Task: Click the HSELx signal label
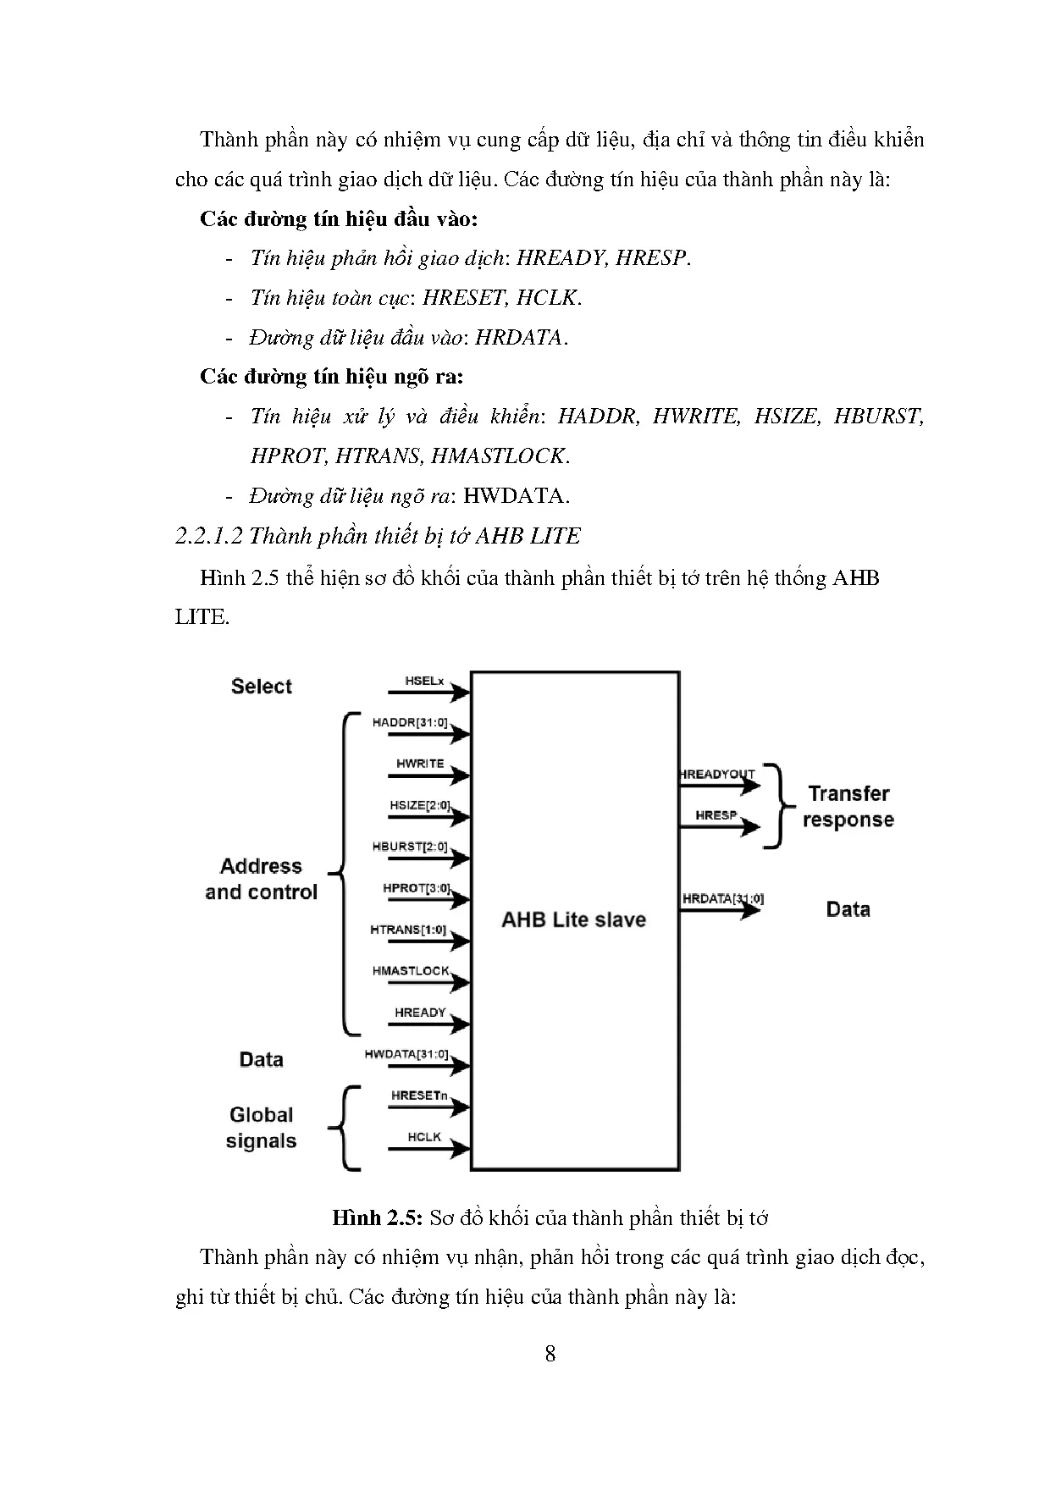click(x=424, y=681)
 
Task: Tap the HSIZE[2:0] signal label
click(x=419, y=805)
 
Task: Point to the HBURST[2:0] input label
click(x=409, y=847)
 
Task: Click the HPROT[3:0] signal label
click(x=416, y=888)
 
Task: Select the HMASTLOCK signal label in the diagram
click(x=411, y=971)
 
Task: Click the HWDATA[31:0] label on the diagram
click(x=406, y=1054)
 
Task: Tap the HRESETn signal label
click(x=418, y=1096)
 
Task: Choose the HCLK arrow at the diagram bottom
click(x=428, y=1149)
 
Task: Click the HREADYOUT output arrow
click(x=720, y=786)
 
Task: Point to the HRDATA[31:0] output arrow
click(x=720, y=911)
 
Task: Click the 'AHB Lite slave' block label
click(x=573, y=920)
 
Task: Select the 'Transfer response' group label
click(x=848, y=807)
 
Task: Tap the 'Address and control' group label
click(x=261, y=879)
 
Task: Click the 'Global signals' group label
click(x=261, y=1128)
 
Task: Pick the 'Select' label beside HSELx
click(x=261, y=687)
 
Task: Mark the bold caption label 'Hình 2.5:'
click(x=377, y=1218)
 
